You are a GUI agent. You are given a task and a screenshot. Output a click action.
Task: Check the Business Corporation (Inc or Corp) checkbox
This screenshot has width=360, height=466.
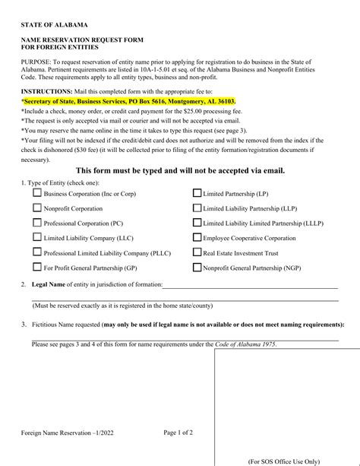click(x=36, y=193)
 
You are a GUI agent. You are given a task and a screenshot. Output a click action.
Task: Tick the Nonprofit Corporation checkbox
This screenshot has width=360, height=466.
click(x=36, y=208)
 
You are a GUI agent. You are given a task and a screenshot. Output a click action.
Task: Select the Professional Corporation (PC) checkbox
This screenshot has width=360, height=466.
click(x=36, y=223)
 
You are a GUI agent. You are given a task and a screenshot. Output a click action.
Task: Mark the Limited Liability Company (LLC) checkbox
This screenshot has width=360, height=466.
click(x=36, y=237)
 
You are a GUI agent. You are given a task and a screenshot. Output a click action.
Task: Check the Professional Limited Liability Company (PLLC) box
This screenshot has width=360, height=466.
click(x=36, y=252)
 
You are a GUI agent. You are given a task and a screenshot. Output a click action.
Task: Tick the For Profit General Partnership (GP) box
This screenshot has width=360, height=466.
click(x=36, y=267)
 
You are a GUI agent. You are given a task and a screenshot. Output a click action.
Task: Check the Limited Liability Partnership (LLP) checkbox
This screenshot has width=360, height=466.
click(x=197, y=208)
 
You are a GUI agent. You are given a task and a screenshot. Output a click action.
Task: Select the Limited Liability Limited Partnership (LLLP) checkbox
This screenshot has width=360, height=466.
click(x=197, y=223)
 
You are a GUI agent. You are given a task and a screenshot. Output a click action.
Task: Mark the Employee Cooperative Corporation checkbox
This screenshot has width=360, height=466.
click(x=197, y=237)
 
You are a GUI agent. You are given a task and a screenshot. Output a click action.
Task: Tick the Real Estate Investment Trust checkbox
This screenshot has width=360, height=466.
click(x=197, y=252)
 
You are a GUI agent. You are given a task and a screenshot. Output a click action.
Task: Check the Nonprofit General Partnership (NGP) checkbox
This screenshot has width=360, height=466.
click(x=197, y=267)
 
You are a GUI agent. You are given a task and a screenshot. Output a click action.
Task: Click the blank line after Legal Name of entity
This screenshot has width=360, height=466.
click(x=250, y=286)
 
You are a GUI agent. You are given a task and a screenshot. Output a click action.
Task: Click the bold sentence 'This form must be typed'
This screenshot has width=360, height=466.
click(x=180, y=170)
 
